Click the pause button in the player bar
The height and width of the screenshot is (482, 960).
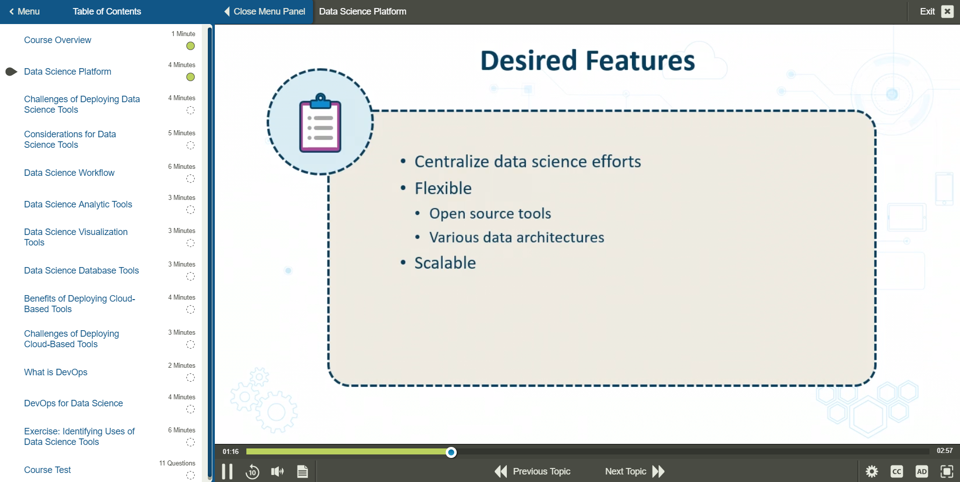click(x=227, y=471)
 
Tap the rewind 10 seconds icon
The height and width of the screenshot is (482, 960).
click(x=252, y=471)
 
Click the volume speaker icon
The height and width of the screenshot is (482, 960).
click(x=277, y=471)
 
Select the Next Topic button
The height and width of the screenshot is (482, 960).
click(x=634, y=471)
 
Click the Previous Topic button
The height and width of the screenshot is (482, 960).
click(x=533, y=471)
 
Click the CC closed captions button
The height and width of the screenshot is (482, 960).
click(x=896, y=471)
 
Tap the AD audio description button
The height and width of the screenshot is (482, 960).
click(x=921, y=471)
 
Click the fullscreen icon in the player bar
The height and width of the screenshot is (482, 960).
click(x=946, y=471)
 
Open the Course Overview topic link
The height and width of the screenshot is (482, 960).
click(x=58, y=40)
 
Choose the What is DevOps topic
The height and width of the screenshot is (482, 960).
click(x=56, y=372)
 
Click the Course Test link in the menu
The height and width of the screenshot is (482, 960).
click(x=48, y=470)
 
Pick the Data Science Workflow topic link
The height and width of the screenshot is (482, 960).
click(x=69, y=173)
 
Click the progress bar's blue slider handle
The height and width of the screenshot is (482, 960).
click(x=451, y=452)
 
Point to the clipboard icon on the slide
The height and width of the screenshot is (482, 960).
click(x=320, y=123)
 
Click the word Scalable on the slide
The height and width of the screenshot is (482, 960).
click(x=445, y=263)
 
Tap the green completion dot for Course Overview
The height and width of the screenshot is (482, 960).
click(x=190, y=46)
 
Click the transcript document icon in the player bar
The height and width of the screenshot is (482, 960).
click(x=302, y=471)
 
